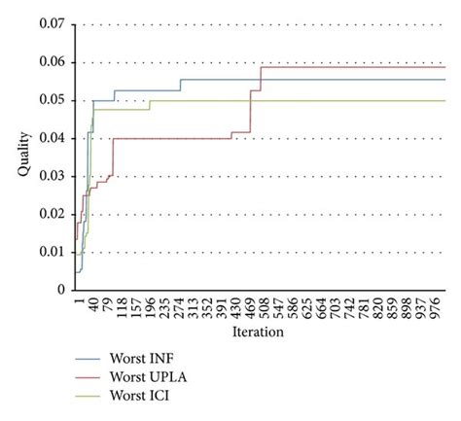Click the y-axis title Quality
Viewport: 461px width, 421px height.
click(x=23, y=156)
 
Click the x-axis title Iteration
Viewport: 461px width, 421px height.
click(x=259, y=333)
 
